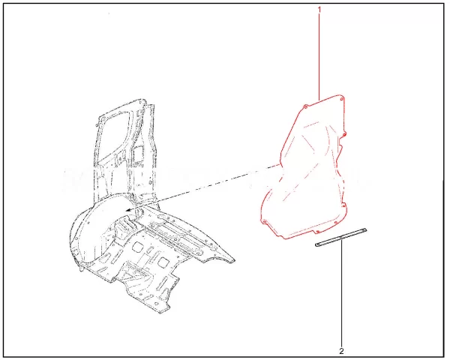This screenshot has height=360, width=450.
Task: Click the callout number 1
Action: coord(319,10)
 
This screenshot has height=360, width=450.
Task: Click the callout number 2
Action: coord(341,350)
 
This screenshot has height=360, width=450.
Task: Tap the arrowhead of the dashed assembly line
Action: coord(128,210)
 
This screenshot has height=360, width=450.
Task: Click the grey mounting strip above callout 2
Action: coord(340,237)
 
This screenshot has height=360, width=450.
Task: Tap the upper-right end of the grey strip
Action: coord(365,229)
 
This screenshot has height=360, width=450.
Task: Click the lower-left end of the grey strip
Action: coord(316,245)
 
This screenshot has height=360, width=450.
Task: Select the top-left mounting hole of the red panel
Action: coord(305,107)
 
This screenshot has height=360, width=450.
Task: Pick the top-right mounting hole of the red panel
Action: coord(341,99)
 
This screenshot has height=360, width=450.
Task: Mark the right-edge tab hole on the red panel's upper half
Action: coord(345,133)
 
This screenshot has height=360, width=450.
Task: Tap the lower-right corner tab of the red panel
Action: coord(336,221)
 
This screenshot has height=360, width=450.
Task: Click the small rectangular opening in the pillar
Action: coord(138,153)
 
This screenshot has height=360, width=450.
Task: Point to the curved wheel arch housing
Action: coord(86,226)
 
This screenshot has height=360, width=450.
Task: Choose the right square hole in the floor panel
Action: coord(163,262)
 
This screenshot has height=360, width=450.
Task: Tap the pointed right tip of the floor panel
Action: coord(235,261)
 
